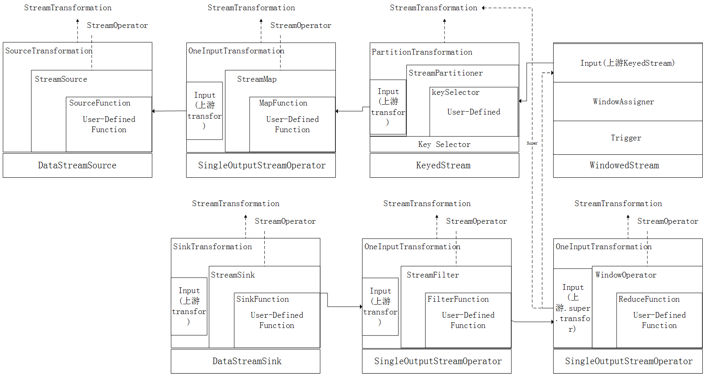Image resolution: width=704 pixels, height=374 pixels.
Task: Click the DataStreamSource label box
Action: point(77,165)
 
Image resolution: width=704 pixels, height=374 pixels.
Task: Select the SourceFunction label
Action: point(100,103)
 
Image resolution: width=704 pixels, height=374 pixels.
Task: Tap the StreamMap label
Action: point(257,79)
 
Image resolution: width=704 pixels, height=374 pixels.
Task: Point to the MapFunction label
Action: point(283,103)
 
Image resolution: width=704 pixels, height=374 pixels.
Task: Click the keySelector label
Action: point(455,92)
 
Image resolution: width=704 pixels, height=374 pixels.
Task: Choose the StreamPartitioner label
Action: point(445,73)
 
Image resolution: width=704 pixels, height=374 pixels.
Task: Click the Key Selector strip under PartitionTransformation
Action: point(444,145)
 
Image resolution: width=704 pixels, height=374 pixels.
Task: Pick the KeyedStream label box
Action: point(443,165)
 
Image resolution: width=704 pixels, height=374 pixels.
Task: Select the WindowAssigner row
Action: point(623,102)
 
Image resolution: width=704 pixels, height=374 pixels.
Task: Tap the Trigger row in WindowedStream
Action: point(626,138)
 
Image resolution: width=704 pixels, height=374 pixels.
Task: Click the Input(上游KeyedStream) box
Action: point(627,63)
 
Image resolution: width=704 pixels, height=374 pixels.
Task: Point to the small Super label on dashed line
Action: point(532,143)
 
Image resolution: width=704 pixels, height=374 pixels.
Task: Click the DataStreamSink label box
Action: point(247,361)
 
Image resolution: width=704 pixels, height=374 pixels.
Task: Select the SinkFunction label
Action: point(262,299)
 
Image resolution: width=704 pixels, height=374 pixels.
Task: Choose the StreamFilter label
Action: point(433,275)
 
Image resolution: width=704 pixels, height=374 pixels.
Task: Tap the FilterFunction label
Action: point(458,299)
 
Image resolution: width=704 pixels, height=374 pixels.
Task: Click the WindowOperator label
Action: point(626,275)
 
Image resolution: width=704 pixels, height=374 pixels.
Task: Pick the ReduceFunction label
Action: point(649,299)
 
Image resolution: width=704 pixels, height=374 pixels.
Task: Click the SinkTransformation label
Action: point(212,247)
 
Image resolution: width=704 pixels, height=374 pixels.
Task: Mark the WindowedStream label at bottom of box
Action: point(624,165)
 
